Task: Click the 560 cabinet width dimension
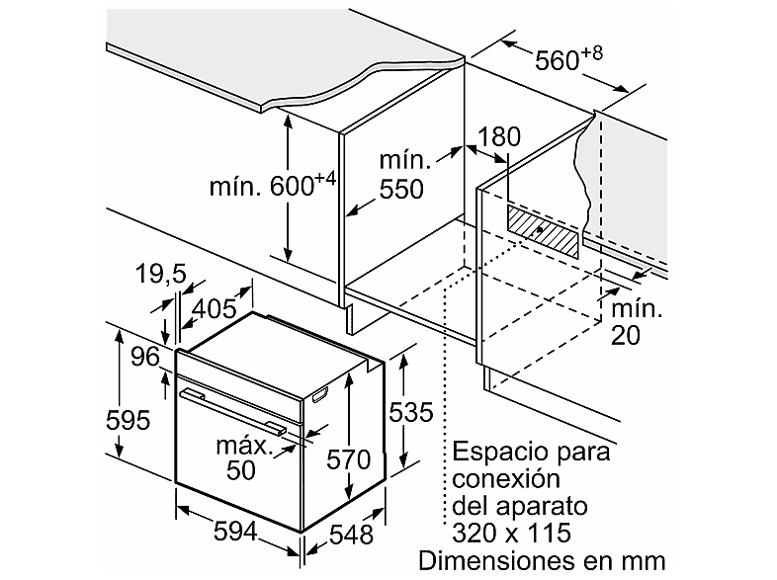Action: tap(568, 59)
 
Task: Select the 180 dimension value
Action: tap(499, 136)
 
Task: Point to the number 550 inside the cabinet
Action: tap(401, 189)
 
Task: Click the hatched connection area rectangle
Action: tap(542, 231)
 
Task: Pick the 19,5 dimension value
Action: tap(160, 274)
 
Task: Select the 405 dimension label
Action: tap(215, 309)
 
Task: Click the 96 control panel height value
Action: tap(145, 357)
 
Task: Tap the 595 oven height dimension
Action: tap(128, 421)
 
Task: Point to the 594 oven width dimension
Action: tap(235, 532)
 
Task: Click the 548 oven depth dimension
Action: tap(351, 535)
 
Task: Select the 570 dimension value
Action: tap(348, 459)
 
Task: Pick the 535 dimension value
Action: tap(411, 412)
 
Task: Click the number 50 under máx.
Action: tap(241, 470)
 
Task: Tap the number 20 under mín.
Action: tap(626, 335)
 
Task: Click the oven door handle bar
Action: tap(233, 410)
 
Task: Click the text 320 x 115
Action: tap(511, 534)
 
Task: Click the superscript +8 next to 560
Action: tap(591, 53)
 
